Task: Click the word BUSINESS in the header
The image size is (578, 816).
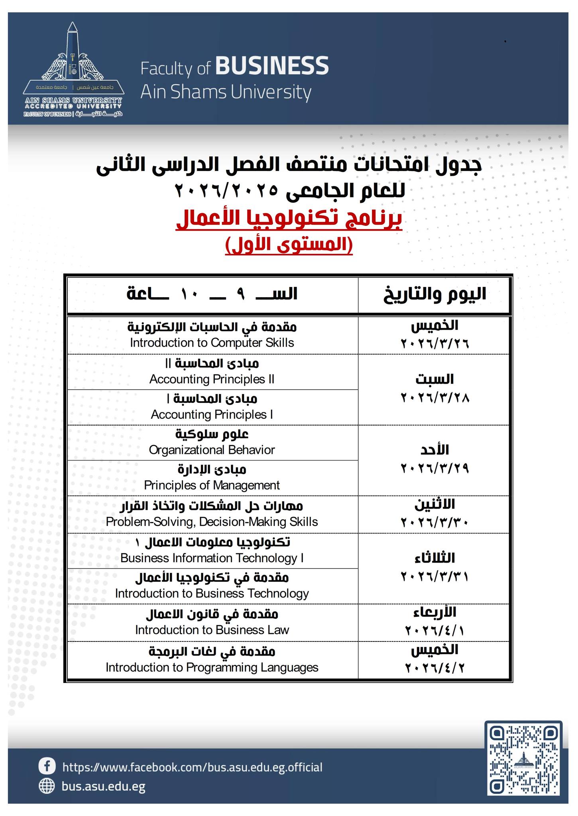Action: pos(272,66)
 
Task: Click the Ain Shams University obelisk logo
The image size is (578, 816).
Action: pos(73,68)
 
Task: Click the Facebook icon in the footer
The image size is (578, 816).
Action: pos(47,766)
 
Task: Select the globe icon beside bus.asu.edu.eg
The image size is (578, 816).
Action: pos(47,786)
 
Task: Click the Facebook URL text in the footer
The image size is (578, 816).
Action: pos(192,767)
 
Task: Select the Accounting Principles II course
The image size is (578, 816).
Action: pos(212,371)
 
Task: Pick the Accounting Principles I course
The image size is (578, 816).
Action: pos(212,407)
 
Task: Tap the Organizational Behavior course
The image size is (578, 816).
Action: pos(212,442)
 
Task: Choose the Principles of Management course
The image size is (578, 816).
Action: pos(212,478)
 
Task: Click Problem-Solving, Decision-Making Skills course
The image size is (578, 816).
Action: pos(212,514)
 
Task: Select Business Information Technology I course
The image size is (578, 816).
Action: pos(212,550)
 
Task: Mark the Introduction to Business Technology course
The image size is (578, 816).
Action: pos(212,586)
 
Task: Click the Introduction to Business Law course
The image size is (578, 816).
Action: pos(212,622)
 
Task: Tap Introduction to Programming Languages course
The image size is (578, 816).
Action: pos(212,659)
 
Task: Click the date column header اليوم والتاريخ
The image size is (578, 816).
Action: pos(434,294)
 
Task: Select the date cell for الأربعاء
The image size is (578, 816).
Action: pos(434,622)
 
